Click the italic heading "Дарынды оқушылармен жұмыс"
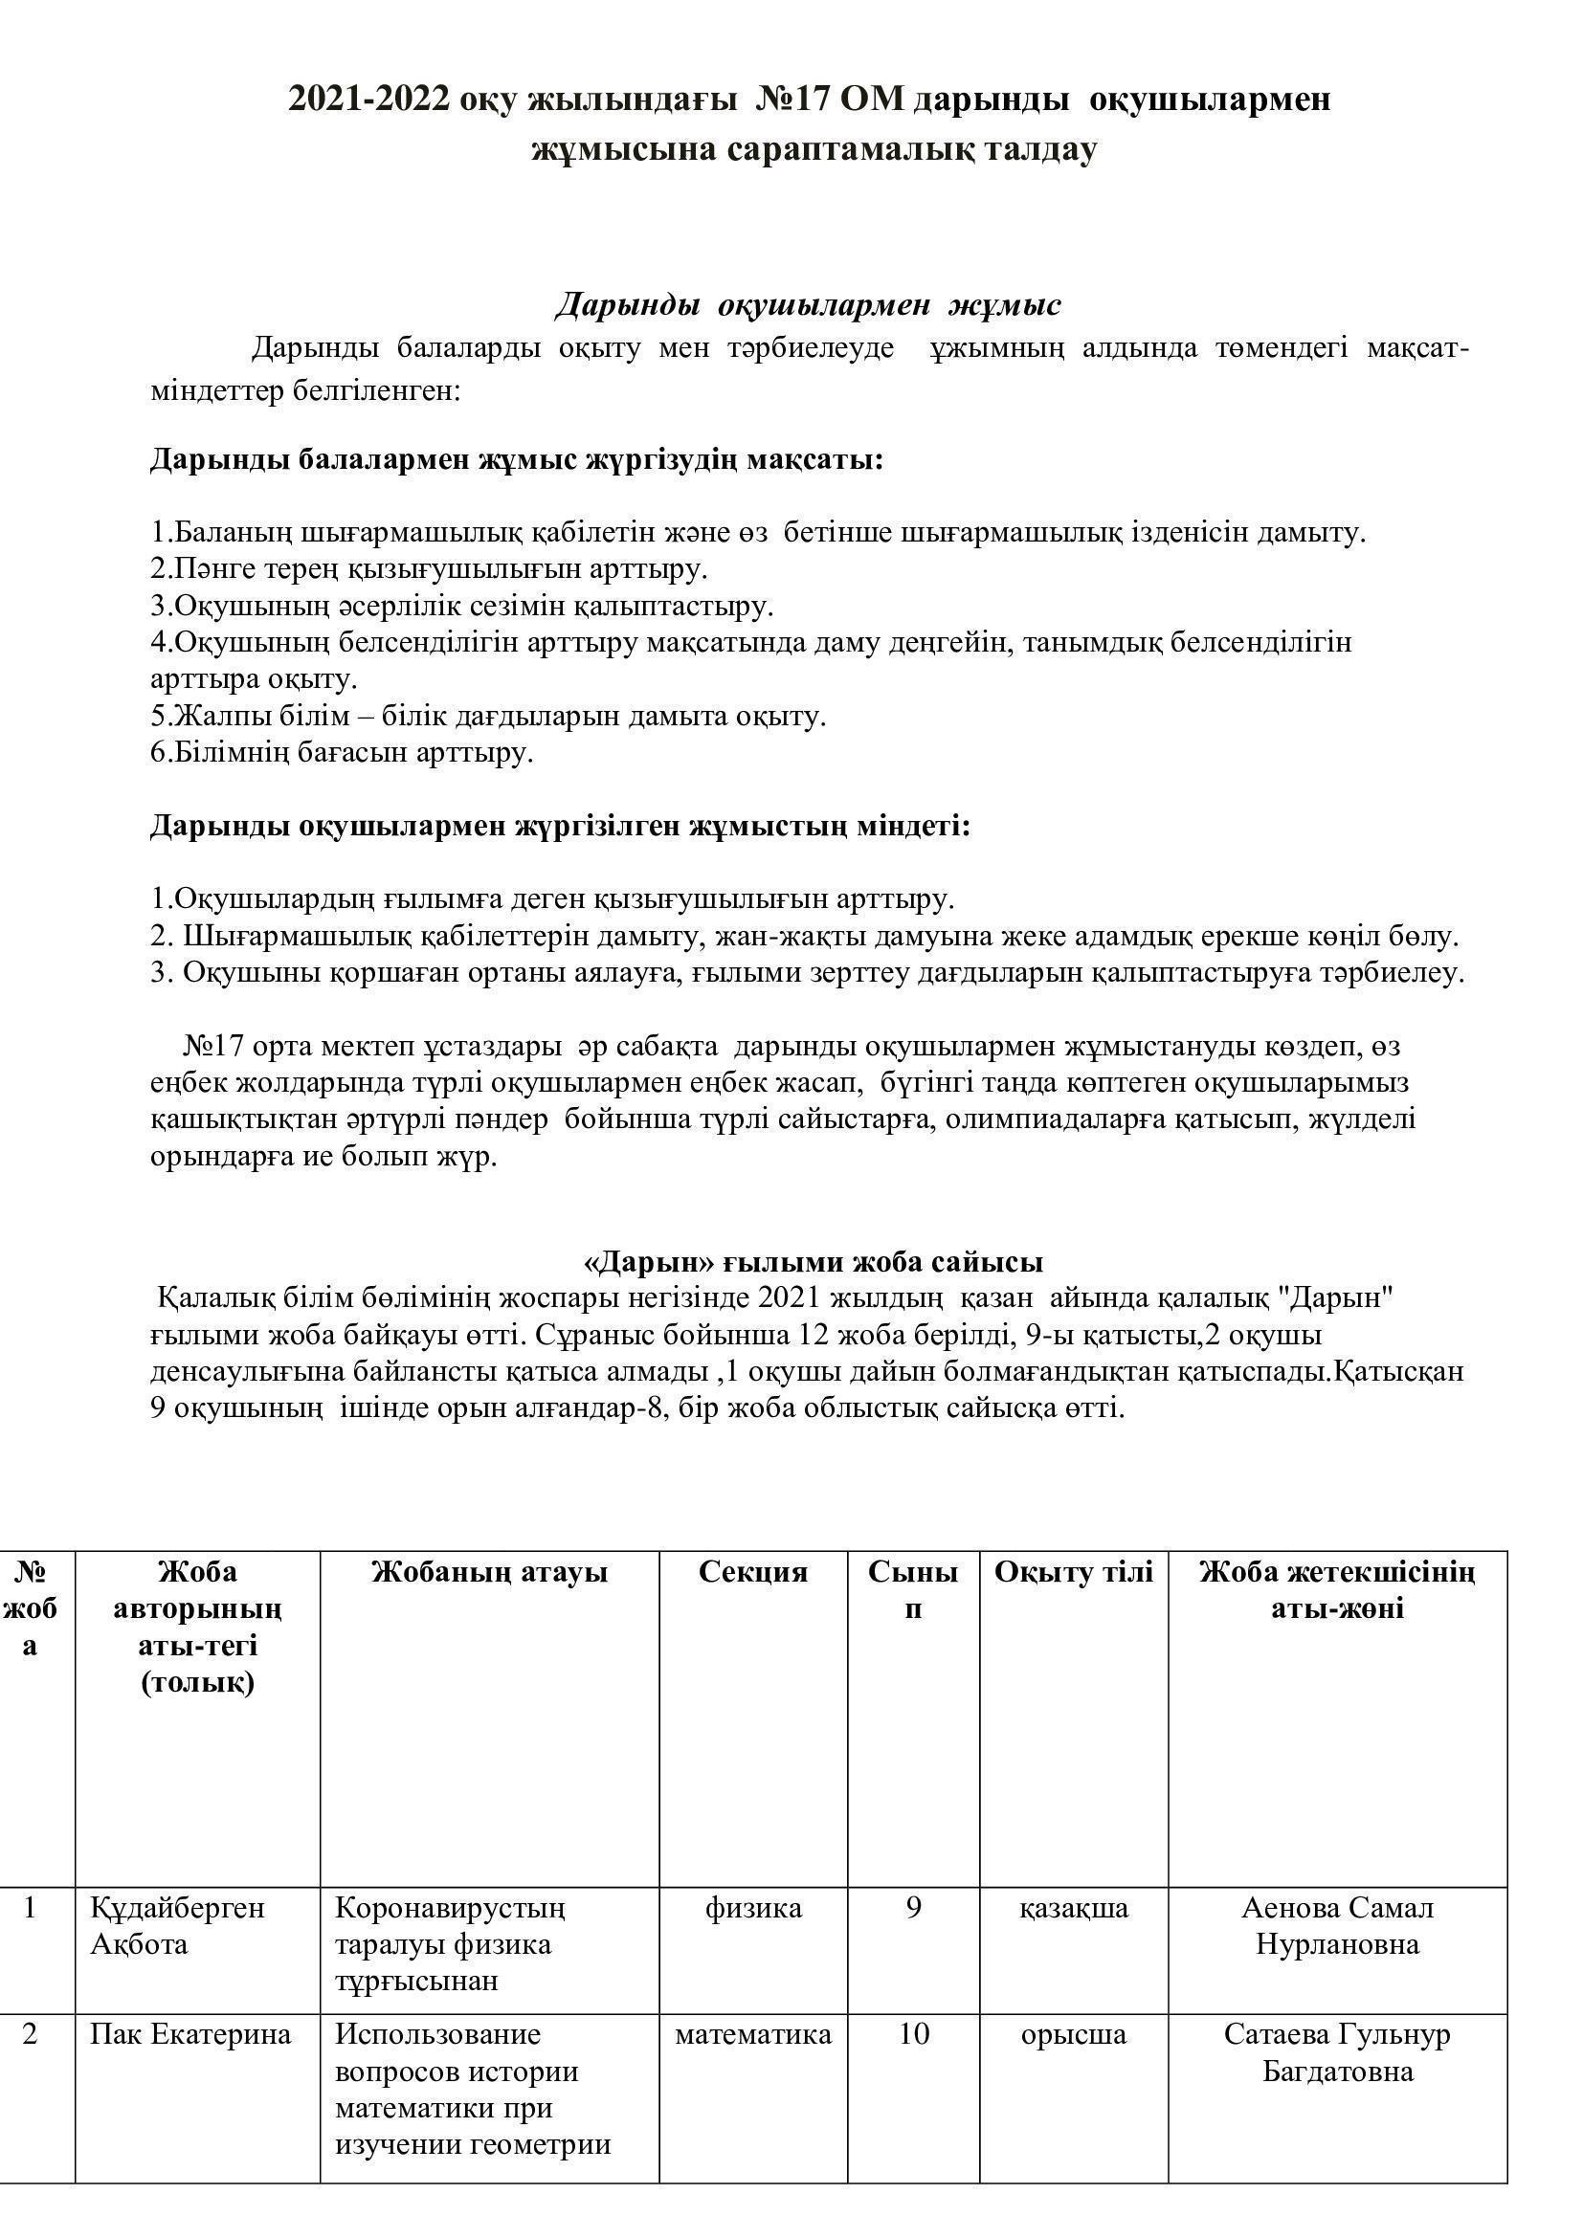(808, 304)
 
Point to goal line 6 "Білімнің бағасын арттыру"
(342, 752)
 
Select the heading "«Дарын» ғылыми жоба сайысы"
(812, 1261)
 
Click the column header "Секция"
(752, 1572)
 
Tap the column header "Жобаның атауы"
(489, 1572)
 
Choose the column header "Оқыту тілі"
(1073, 1572)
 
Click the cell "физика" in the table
(752, 1908)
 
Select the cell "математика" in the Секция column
(752, 2034)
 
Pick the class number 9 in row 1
(913, 1908)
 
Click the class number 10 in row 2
(913, 2034)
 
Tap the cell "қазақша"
(1073, 1908)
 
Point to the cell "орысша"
(1073, 2034)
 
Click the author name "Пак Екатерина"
(190, 2034)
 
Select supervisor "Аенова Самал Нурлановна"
(1336, 1926)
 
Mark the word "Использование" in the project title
(437, 2034)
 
